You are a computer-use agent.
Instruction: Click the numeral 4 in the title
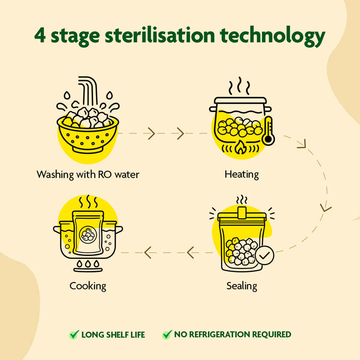pos(40,36)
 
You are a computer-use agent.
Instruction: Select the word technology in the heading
pos(273,36)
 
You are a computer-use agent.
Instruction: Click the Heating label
pos(242,175)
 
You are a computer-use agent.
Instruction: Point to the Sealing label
pos(242,286)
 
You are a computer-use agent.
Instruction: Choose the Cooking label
pos(88,286)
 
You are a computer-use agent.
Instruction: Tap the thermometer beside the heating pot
pos(268,131)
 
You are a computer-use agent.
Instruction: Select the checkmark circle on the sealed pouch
pos(265,255)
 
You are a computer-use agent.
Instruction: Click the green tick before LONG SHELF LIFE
pos(74,335)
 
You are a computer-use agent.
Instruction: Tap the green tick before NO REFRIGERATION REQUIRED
pos(167,334)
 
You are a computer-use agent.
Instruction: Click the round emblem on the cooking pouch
pos(88,234)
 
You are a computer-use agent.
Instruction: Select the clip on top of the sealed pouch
pos(242,213)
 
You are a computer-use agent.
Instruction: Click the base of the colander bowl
pos(87,150)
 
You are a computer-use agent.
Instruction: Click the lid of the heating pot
pos(241,100)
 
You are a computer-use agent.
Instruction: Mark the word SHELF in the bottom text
pos(117,335)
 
